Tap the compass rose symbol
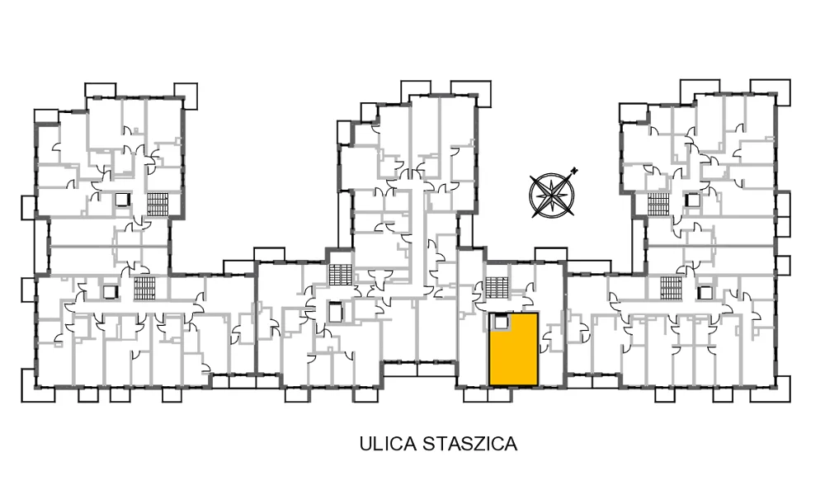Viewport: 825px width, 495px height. tap(552, 195)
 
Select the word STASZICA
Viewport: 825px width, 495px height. tap(470, 444)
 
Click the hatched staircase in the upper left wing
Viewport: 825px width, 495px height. tap(158, 205)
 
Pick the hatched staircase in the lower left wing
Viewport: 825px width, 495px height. tap(144, 288)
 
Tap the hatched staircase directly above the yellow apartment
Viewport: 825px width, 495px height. tap(497, 288)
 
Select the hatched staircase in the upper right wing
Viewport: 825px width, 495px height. tap(658, 204)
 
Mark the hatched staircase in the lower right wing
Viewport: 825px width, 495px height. tap(671, 287)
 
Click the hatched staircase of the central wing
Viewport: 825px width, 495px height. tap(341, 275)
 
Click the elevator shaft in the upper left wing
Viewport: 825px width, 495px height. tap(122, 200)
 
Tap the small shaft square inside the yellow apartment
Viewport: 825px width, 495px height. tap(499, 322)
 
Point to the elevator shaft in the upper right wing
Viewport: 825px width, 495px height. tap(693, 200)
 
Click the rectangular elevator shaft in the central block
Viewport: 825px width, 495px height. tap(335, 312)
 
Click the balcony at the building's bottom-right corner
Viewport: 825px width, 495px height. tap(782, 389)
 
